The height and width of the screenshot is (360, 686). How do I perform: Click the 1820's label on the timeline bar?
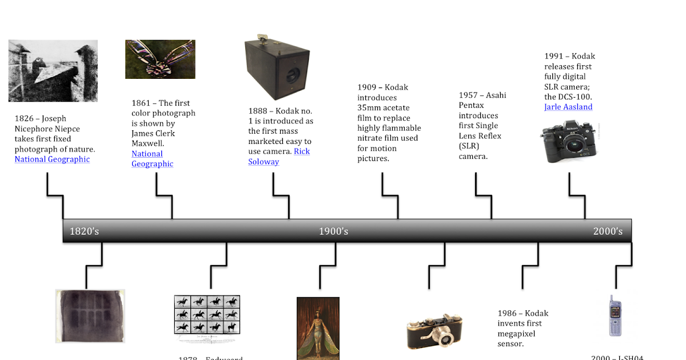[x=85, y=231]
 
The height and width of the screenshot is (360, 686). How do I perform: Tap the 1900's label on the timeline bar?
[x=333, y=231]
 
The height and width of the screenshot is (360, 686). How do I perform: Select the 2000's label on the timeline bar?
[x=608, y=231]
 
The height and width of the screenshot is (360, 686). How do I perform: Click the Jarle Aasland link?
[x=568, y=107]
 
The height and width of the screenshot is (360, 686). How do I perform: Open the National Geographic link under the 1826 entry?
[x=52, y=159]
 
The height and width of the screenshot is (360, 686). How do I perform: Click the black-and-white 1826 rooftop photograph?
[x=53, y=71]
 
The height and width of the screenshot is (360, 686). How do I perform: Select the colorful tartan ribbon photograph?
[x=160, y=59]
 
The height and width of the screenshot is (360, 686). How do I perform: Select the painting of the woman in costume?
[x=318, y=329]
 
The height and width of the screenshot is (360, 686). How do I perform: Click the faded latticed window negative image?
[x=90, y=315]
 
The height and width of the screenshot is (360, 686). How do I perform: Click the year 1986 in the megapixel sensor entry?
[x=507, y=313]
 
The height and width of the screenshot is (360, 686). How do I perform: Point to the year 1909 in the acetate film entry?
[x=367, y=87]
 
